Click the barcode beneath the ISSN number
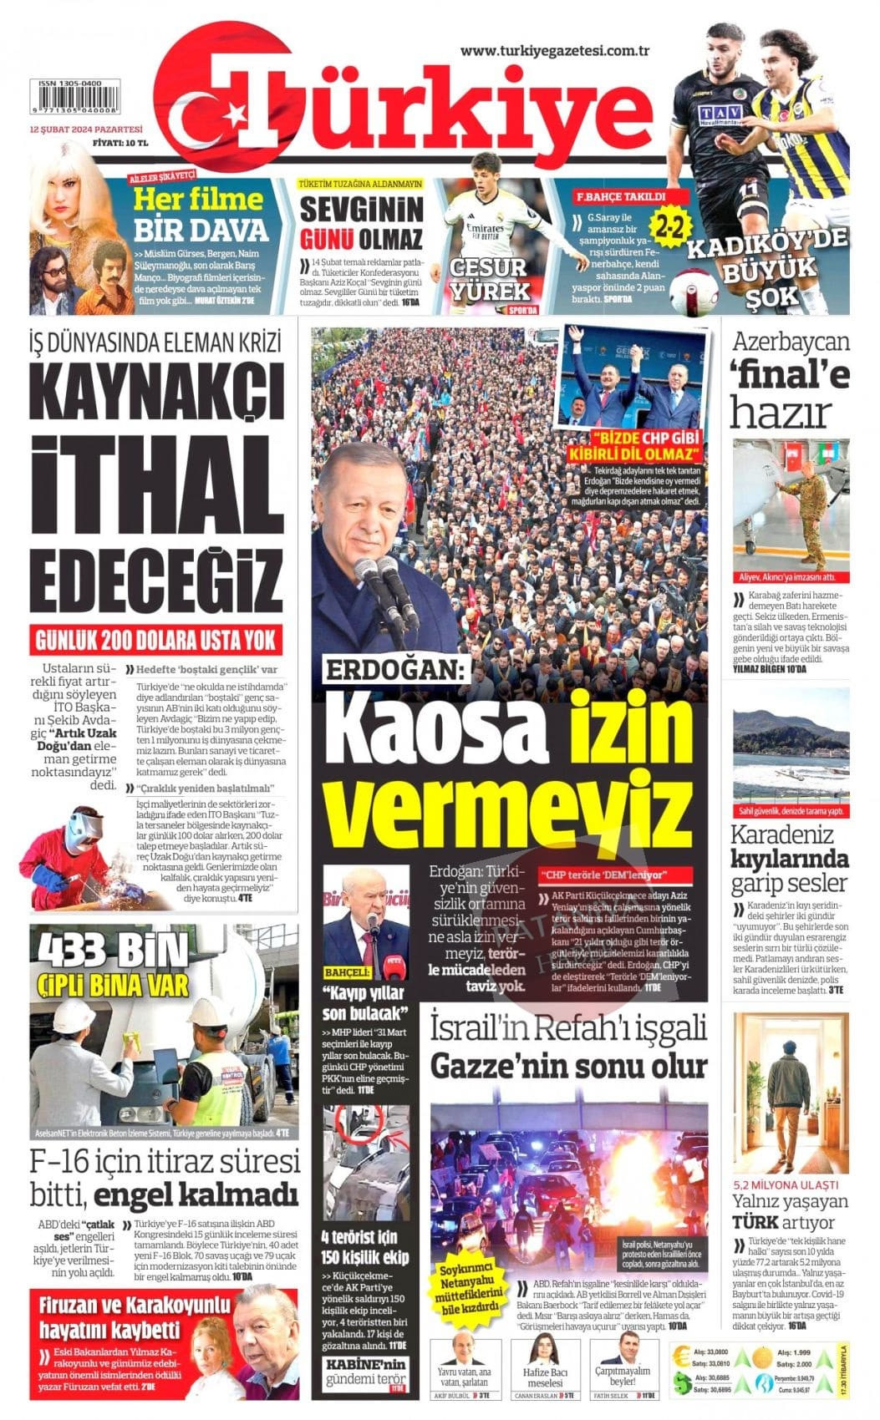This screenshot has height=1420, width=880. (x=77, y=102)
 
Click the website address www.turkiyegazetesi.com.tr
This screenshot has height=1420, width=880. (x=555, y=51)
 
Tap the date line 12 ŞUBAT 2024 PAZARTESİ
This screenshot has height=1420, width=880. (x=86, y=129)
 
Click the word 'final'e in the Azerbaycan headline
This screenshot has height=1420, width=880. (x=790, y=377)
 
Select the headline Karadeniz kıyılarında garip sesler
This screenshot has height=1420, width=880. (x=790, y=858)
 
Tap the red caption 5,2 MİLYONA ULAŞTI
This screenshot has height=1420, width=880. (x=785, y=1184)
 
